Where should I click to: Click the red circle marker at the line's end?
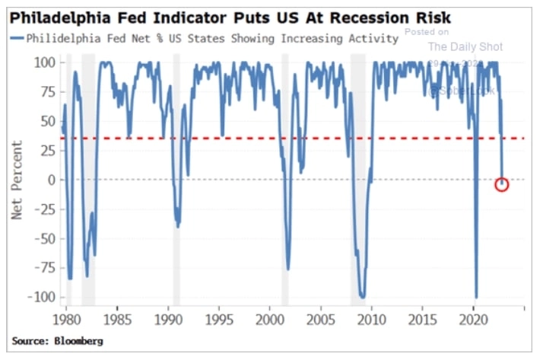pos(501,184)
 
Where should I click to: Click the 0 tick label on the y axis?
pos(49,180)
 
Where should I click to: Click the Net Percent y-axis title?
pos(17,180)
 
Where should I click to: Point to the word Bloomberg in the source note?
pos(78,342)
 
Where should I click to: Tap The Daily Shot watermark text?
pos(465,47)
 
